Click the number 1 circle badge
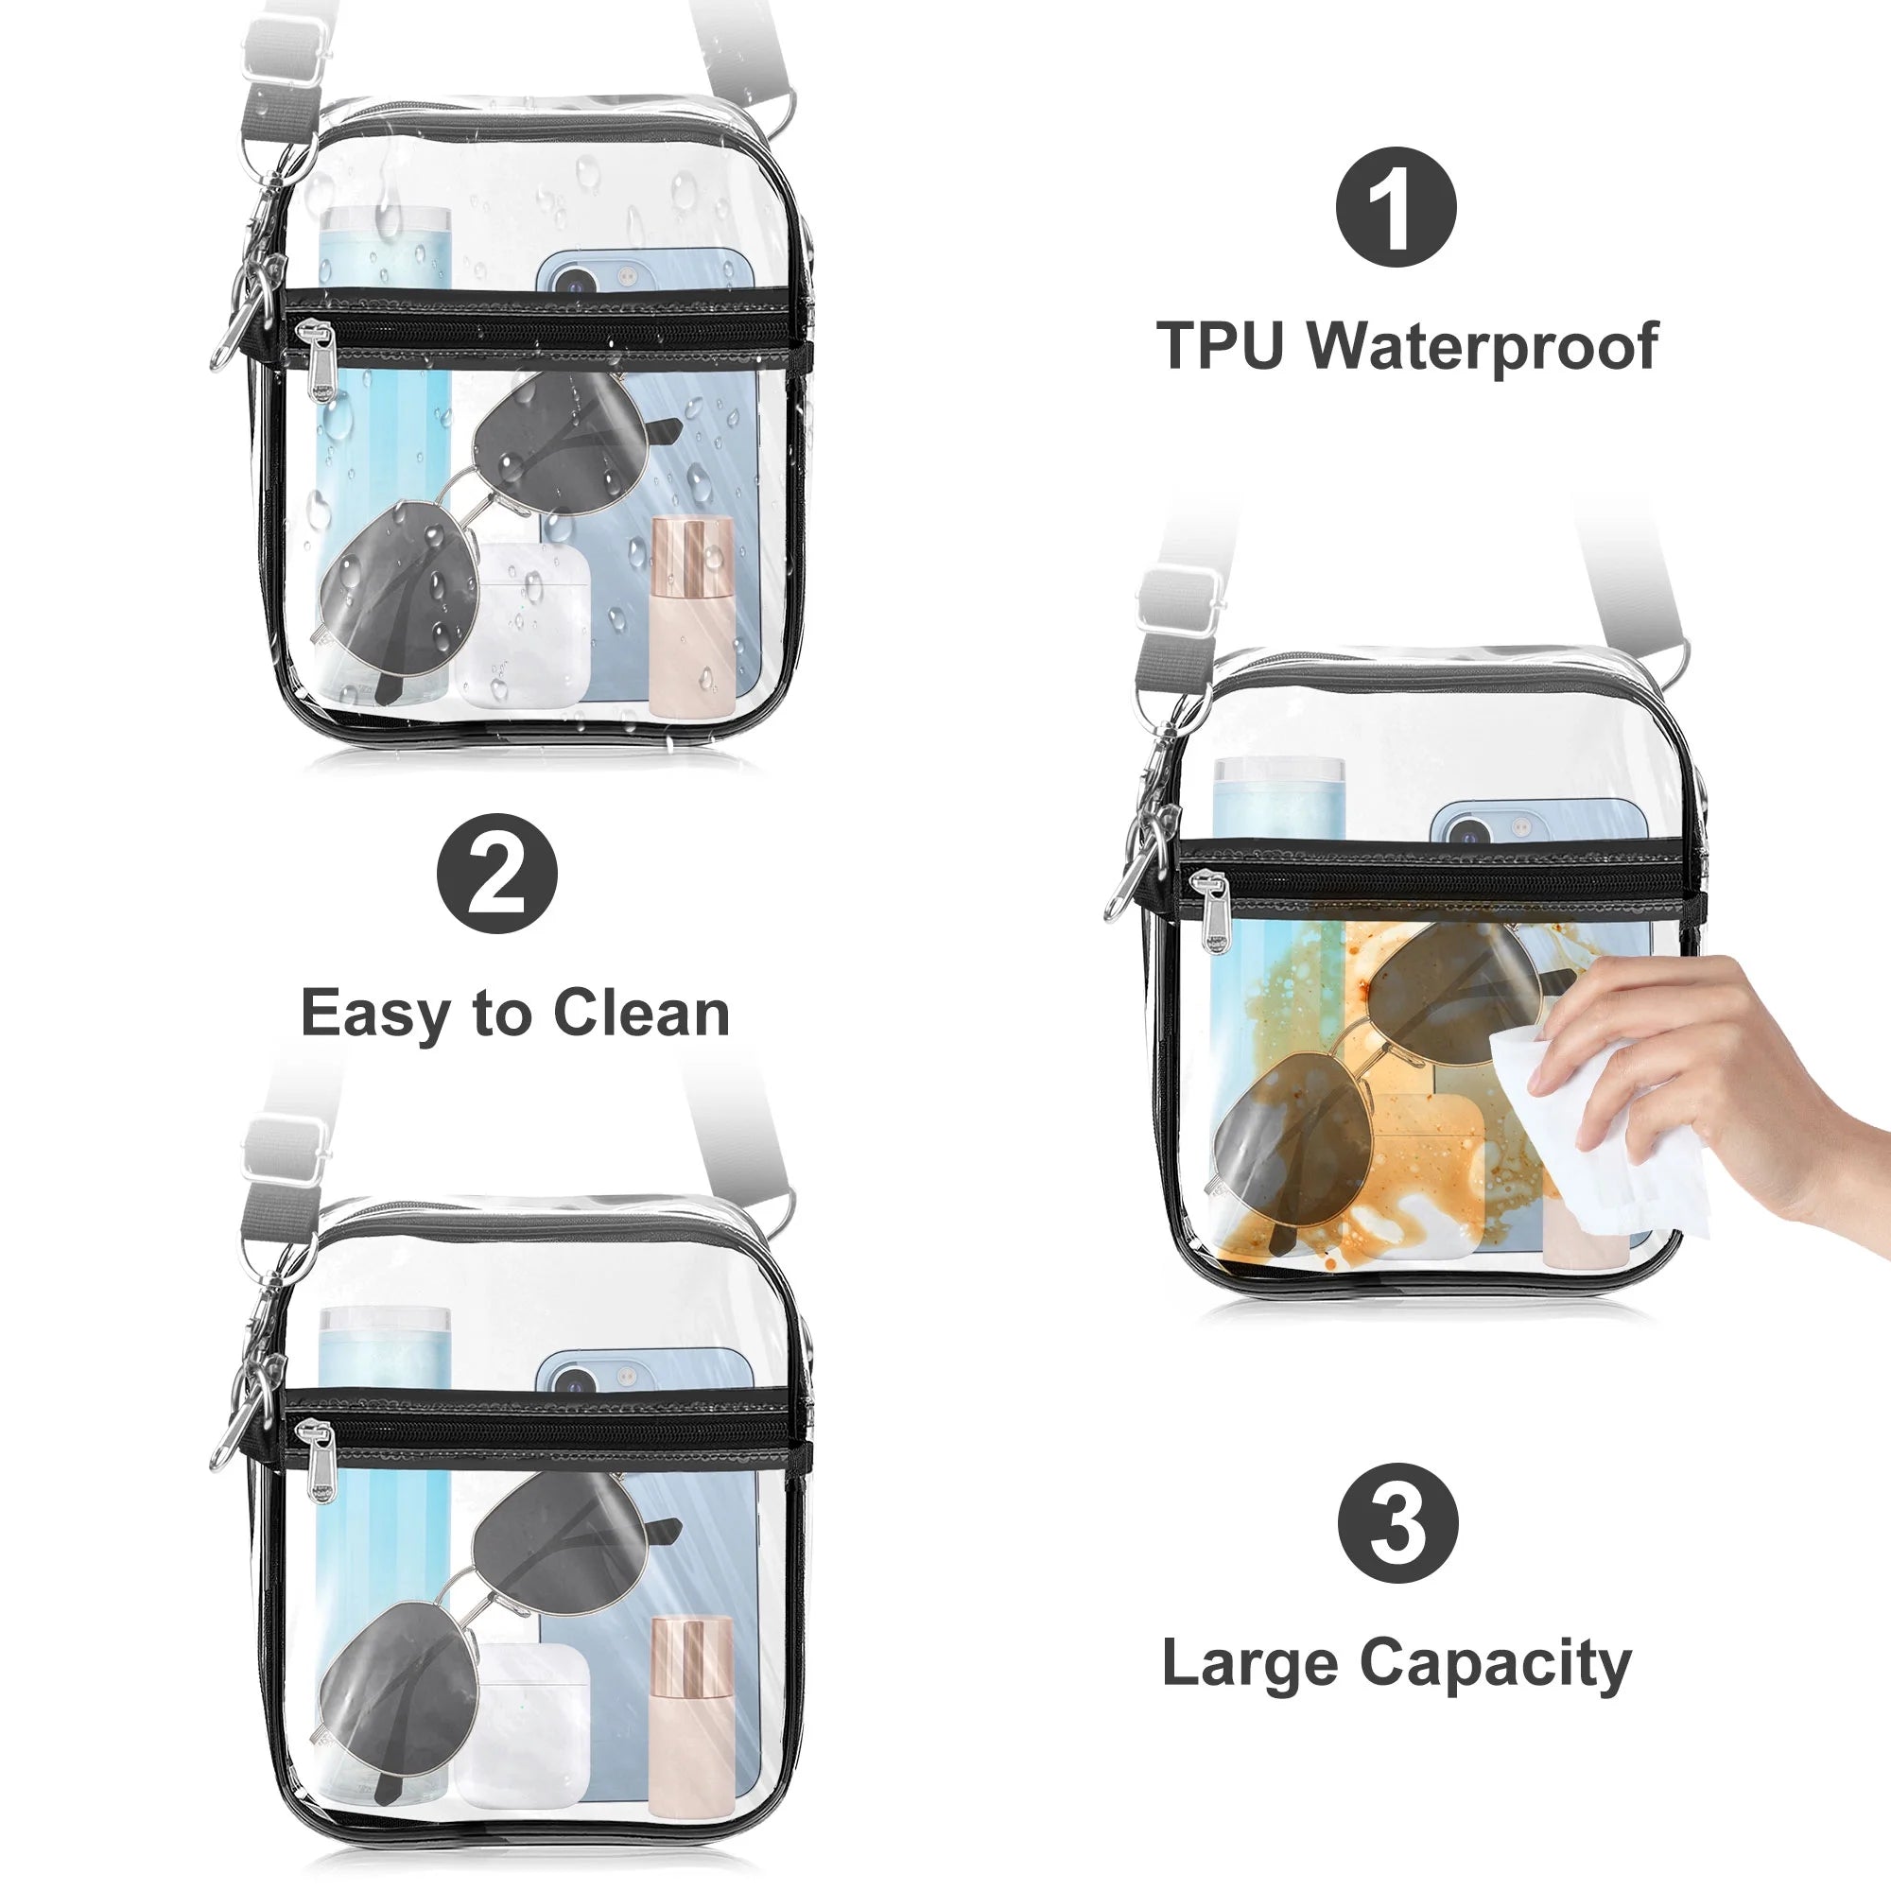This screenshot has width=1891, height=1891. click(x=1396, y=206)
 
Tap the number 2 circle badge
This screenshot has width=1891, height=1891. click(x=497, y=873)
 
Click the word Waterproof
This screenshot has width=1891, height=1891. click(x=1483, y=346)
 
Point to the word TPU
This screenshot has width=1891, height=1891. click(x=1220, y=345)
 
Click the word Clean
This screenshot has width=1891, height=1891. click(x=641, y=1013)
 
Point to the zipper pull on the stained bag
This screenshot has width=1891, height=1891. click(x=1215, y=913)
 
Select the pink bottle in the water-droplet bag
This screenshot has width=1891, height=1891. click(x=692, y=616)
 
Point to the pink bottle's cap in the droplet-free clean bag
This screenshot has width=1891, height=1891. click(x=692, y=1269)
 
